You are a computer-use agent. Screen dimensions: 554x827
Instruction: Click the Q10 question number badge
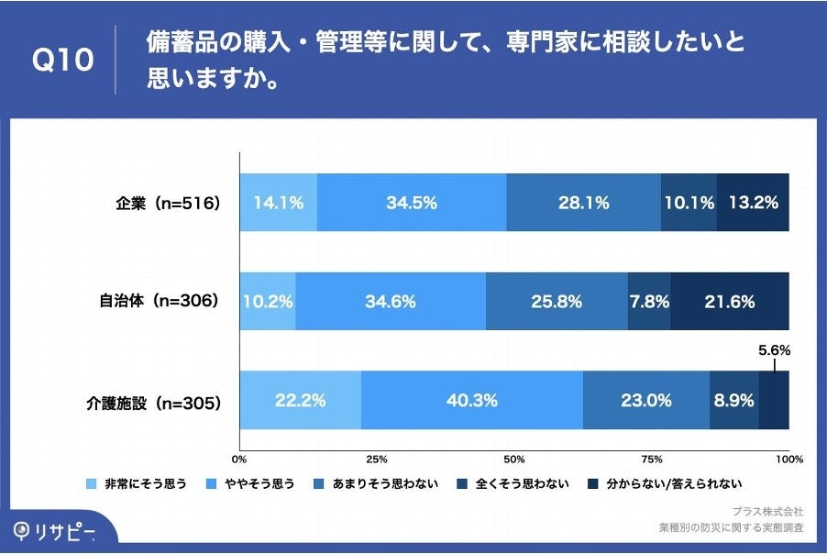click(x=62, y=61)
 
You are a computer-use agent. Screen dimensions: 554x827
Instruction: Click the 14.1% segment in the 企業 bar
click(x=279, y=203)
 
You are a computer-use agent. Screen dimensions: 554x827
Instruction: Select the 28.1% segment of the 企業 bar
click(x=583, y=203)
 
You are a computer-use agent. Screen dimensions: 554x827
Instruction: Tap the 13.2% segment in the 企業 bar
click(x=753, y=203)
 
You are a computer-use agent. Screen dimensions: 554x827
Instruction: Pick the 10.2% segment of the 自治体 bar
click(x=268, y=301)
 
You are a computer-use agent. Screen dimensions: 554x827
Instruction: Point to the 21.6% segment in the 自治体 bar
click(x=730, y=301)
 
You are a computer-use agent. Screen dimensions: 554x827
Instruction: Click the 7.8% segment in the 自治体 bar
click(x=649, y=301)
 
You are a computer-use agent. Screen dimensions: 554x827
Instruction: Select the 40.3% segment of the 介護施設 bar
click(x=472, y=400)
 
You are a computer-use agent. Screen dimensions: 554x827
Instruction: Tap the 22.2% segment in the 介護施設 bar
click(x=301, y=400)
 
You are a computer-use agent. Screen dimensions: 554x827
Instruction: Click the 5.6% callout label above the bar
click(x=774, y=350)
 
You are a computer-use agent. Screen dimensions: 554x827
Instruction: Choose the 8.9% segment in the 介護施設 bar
click(x=733, y=400)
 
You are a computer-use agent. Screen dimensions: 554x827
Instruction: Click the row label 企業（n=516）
click(x=161, y=204)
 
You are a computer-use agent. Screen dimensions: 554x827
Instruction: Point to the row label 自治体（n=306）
click(x=160, y=301)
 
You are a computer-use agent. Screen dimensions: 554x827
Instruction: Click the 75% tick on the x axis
click(x=652, y=459)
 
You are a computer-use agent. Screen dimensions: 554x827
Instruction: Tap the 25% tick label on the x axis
click(x=377, y=459)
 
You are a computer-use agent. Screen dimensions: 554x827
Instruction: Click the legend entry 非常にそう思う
click(x=138, y=483)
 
